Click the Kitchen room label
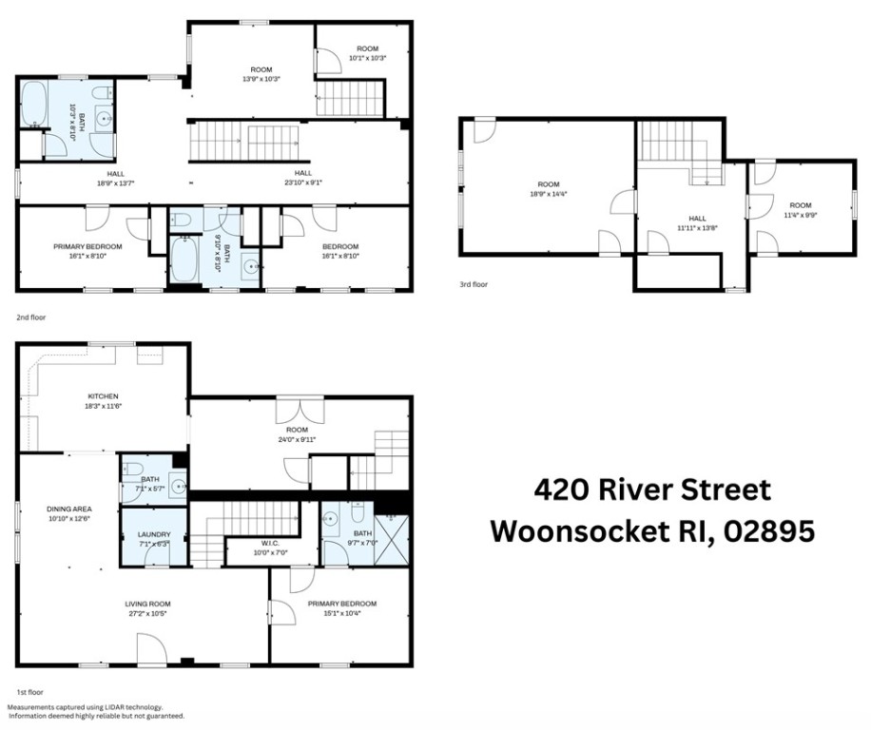pos(103,400)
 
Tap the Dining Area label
pos(68,513)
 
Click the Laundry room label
pos(153,539)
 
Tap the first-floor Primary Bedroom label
pos(341,608)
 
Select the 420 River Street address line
pos(651,490)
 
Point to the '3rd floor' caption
pos(473,284)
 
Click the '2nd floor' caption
pos(30,317)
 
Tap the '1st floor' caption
pos(30,692)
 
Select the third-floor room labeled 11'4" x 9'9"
pos(800,210)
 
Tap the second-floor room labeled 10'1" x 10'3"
pos(368,53)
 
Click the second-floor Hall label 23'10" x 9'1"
pos(302,178)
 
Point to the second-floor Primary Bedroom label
pos(87,251)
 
